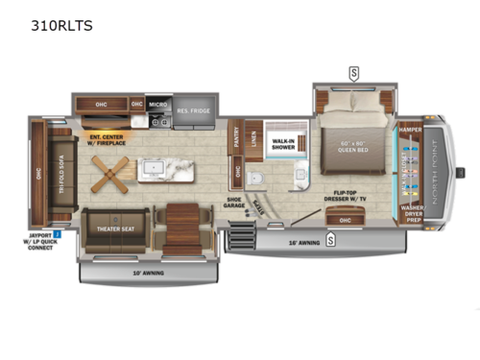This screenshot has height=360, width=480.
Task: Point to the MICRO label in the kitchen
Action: [x=158, y=104]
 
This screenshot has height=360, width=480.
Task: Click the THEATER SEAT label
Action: [x=114, y=231]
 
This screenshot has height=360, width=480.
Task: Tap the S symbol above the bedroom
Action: [x=353, y=72]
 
